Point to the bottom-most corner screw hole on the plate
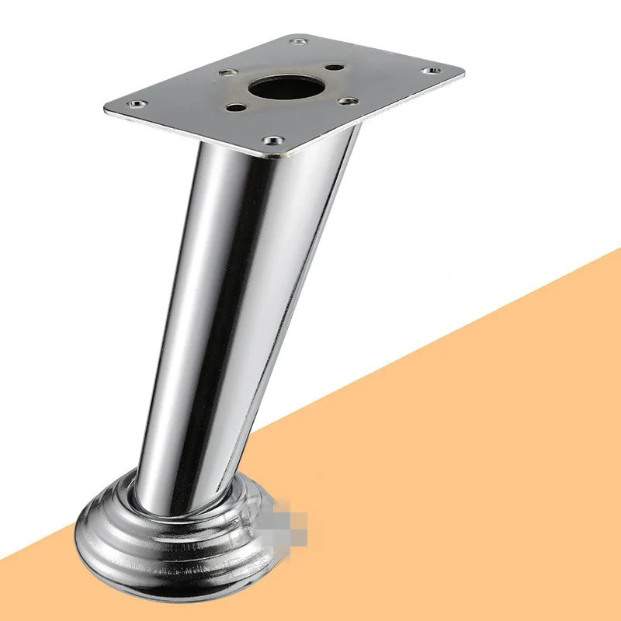(272, 141)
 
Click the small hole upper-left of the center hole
(227, 73)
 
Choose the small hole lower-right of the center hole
(348, 100)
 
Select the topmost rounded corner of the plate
(299, 35)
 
